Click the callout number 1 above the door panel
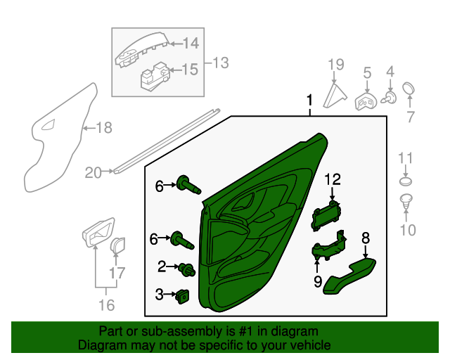309,103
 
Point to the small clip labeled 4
389,96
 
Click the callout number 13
219,63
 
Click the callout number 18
103,128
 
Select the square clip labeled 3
184,296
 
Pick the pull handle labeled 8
350,276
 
